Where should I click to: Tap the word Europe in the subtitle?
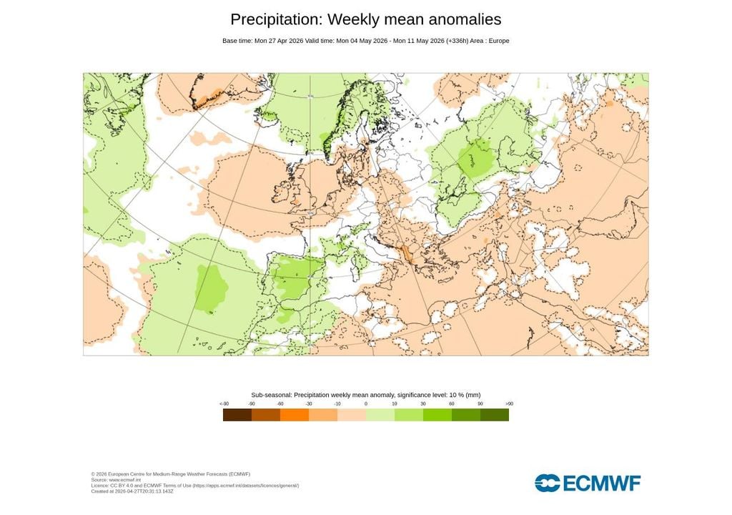pyautogui.click(x=498, y=41)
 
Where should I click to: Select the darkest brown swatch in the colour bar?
pyautogui.click(x=237, y=415)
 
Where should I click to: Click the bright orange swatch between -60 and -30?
pyautogui.click(x=295, y=415)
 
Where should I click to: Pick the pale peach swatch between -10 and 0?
pyautogui.click(x=352, y=415)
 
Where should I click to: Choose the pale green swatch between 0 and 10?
pyautogui.click(x=380, y=415)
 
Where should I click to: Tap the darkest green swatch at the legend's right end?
pyautogui.click(x=495, y=415)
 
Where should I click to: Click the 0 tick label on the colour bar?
pyautogui.click(x=366, y=404)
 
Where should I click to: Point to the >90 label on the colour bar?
pyautogui.click(x=508, y=404)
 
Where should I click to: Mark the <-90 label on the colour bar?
pyautogui.click(x=224, y=404)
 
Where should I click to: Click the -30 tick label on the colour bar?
pyautogui.click(x=309, y=404)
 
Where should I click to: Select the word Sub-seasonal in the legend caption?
pyautogui.click(x=271, y=395)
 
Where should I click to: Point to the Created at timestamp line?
pyautogui.click(x=132, y=491)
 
